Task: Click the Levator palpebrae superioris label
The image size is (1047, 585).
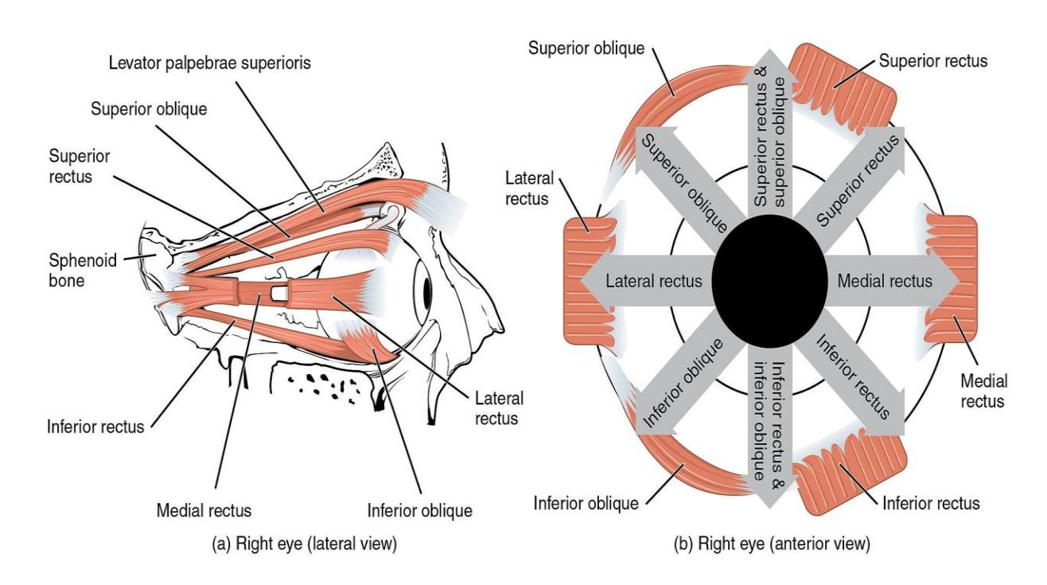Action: [210, 63]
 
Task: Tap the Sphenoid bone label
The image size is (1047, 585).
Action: [83, 271]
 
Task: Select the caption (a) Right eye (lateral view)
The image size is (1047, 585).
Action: [304, 544]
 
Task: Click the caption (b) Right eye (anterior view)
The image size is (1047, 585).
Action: [772, 544]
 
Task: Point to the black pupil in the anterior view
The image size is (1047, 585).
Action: [769, 282]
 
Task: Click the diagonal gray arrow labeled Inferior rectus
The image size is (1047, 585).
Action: [853, 379]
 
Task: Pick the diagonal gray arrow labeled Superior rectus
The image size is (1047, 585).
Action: [853, 184]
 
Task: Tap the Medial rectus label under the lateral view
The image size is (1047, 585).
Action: [204, 510]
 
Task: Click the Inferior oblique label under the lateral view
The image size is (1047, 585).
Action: [420, 510]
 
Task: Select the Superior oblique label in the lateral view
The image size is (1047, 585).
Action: [149, 109]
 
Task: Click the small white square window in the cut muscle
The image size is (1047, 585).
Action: [278, 293]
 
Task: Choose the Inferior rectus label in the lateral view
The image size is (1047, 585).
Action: [95, 427]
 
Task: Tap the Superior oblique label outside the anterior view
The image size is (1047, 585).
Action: [586, 49]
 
